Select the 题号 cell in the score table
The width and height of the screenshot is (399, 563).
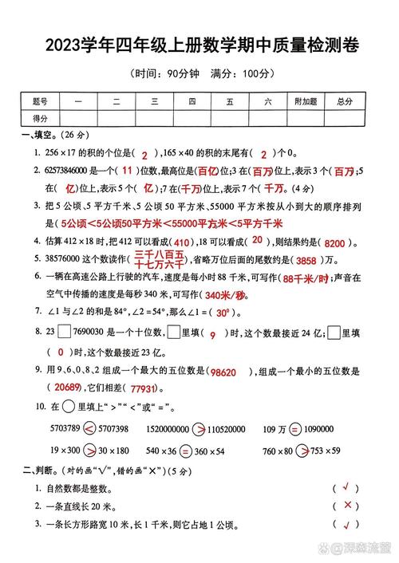[40, 101]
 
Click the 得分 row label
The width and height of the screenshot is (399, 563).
[40, 117]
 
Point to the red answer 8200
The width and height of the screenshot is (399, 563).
[339, 242]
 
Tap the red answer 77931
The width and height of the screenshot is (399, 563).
[143, 388]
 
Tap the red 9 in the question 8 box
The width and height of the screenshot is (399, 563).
[212, 336]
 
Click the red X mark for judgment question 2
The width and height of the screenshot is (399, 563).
[347, 506]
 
